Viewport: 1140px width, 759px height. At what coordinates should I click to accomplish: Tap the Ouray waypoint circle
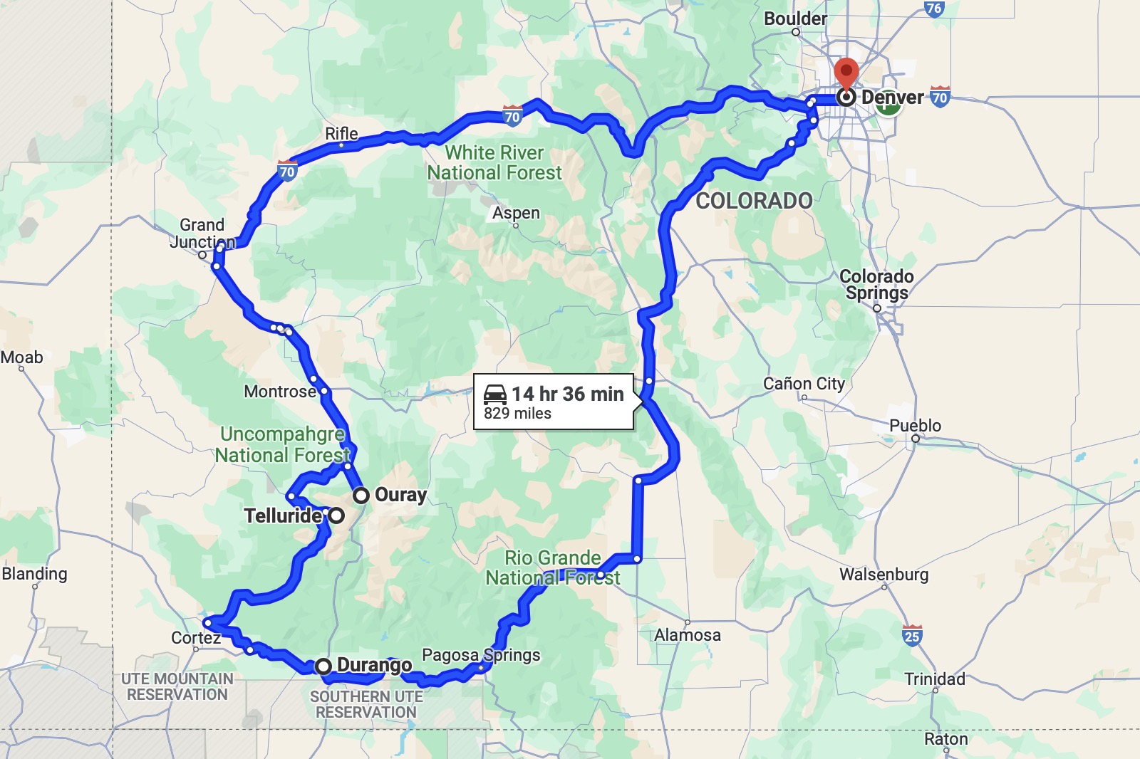point(361,495)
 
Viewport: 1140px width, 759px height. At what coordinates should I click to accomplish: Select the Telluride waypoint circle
point(336,515)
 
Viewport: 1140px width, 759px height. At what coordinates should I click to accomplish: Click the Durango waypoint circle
point(323,666)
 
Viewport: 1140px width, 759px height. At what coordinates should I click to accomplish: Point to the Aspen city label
point(516,213)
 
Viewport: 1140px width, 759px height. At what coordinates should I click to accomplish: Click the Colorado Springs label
point(876,285)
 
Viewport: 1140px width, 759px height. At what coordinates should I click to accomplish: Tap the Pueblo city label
point(915,426)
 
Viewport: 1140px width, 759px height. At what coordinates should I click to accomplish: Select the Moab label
point(22,357)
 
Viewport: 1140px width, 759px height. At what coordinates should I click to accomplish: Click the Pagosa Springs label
point(481,655)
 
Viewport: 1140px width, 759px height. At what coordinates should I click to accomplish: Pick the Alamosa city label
point(688,635)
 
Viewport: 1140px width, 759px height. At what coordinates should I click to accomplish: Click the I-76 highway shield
point(934,9)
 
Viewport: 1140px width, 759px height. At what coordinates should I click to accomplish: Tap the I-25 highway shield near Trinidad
point(912,635)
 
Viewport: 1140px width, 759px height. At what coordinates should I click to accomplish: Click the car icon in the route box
point(495,394)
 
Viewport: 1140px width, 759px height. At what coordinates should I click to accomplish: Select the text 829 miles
point(517,414)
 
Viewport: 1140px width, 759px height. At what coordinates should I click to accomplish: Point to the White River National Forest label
point(494,163)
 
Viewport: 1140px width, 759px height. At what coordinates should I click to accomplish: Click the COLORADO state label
point(754,201)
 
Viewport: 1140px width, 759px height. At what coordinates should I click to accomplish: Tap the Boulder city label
point(795,19)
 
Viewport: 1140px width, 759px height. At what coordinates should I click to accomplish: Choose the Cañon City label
point(804,384)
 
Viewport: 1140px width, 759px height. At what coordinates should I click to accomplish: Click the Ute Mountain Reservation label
point(177,687)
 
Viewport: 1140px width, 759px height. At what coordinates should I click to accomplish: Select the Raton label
point(945,739)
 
